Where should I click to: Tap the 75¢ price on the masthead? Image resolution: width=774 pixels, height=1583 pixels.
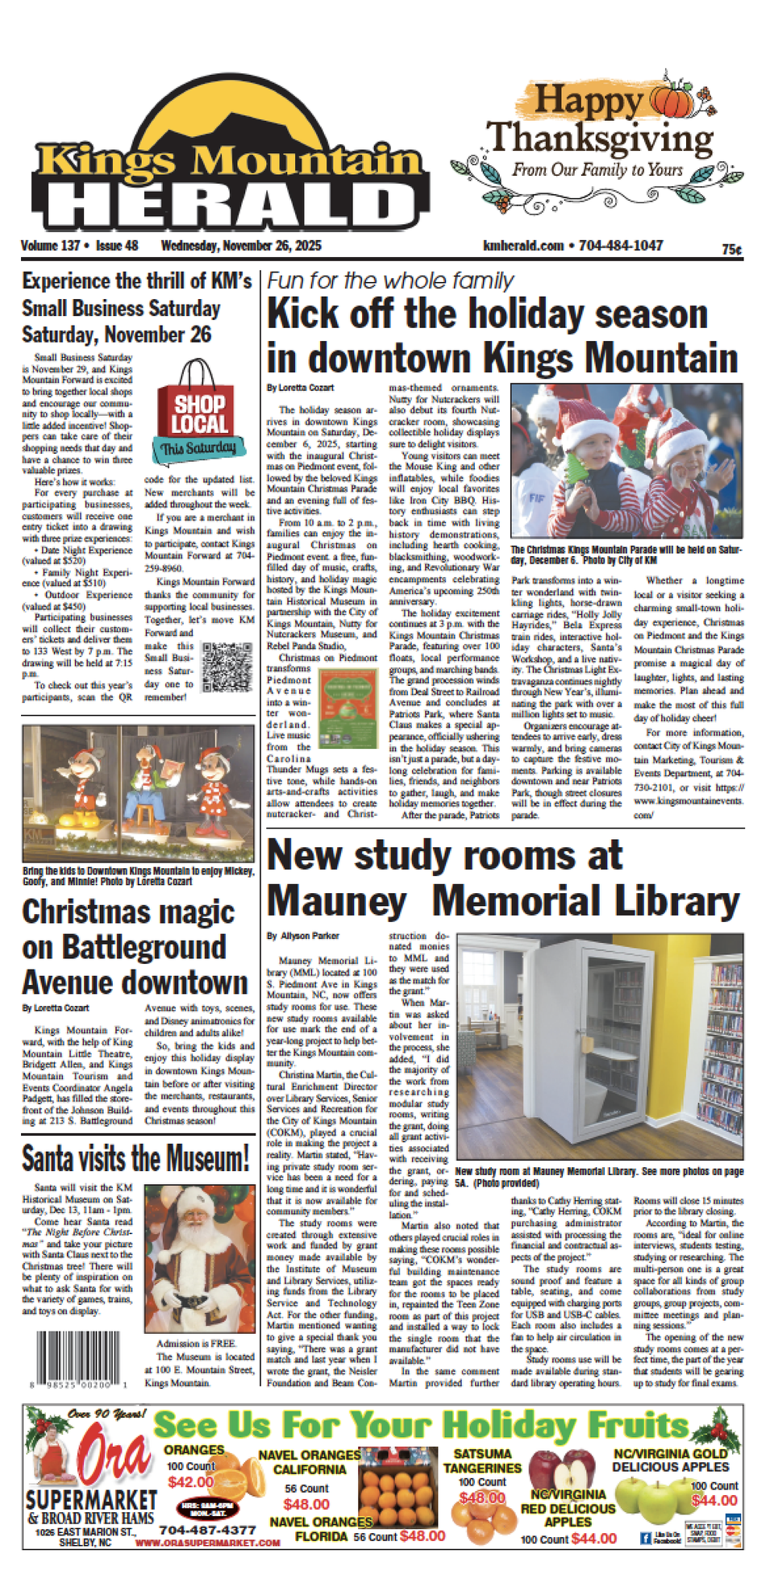click(x=731, y=250)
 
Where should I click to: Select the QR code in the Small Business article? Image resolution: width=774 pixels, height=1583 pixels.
click(x=227, y=667)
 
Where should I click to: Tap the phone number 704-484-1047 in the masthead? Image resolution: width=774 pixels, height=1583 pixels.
click(x=620, y=246)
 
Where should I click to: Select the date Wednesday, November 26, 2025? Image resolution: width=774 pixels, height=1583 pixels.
click(x=241, y=246)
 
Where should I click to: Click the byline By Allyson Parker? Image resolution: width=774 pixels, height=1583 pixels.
click(x=303, y=936)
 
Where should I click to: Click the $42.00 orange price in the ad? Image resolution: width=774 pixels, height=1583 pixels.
click(x=190, y=1481)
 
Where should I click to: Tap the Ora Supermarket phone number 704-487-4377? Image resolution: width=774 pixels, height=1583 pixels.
click(x=207, y=1529)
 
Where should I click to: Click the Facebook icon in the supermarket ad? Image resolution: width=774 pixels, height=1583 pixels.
click(x=645, y=1538)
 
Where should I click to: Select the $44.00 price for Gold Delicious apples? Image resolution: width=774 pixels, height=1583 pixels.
click(x=714, y=1500)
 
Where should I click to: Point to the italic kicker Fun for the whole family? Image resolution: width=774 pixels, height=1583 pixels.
click(x=390, y=280)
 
